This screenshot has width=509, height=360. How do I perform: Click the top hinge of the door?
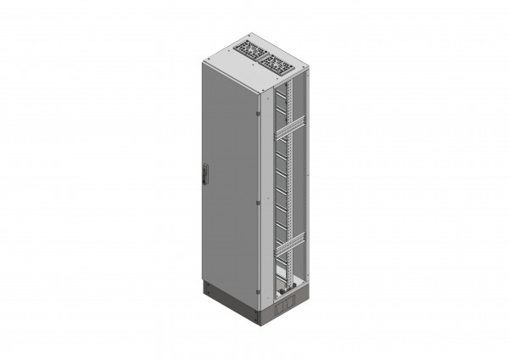tap(258, 111)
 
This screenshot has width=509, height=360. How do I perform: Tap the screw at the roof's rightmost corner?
tap(302, 67)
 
